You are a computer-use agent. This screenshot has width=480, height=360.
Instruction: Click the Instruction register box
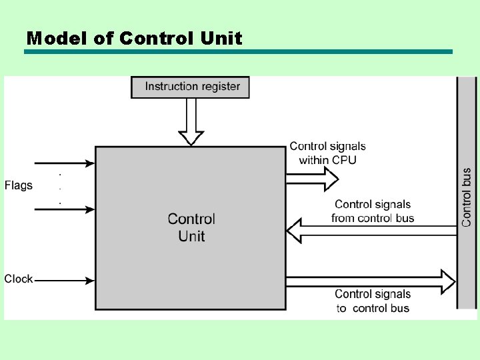190,87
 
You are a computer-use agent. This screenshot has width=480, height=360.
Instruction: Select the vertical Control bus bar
466,133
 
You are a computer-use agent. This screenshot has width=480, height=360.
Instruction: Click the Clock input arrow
64,279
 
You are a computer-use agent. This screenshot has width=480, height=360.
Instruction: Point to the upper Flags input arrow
64,163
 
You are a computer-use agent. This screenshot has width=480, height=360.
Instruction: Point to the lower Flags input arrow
64,209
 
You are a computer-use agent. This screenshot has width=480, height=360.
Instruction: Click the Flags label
18,185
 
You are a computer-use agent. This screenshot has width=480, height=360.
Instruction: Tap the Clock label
18,279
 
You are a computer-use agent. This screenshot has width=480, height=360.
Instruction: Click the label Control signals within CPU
327,153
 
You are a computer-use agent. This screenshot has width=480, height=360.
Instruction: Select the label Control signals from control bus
373,211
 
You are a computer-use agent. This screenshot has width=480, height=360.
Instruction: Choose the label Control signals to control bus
373,301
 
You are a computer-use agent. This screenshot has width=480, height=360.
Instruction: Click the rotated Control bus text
467,197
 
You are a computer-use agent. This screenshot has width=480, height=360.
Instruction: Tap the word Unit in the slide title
221,38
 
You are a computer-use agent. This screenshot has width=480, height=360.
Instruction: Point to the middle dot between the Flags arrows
61,187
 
